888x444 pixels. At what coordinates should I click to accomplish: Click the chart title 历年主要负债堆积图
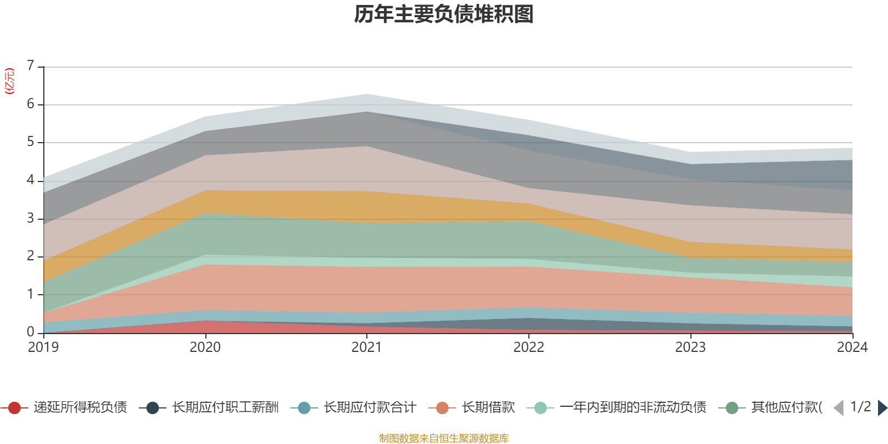tap(444, 14)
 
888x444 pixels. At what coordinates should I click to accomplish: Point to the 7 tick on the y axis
tap(31, 65)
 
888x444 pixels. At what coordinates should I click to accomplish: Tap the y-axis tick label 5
tap(31, 142)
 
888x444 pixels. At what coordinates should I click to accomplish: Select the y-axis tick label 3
tap(31, 218)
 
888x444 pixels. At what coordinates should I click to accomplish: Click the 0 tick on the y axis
tap(31, 332)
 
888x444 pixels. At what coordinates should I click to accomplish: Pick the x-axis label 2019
tap(43, 347)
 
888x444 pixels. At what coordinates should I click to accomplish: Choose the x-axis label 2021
tap(367, 347)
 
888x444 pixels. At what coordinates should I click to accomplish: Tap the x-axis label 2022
tap(529, 347)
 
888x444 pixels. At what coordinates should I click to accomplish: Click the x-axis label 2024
tap(852, 347)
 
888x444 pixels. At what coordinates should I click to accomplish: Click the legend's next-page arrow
tap(882, 408)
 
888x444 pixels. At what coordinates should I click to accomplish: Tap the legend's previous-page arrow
tap(839, 408)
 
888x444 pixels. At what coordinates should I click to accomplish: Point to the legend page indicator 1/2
tap(860, 407)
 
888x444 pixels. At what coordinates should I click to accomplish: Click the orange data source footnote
tap(443, 438)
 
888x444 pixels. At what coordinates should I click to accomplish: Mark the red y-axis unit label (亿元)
tap(9, 81)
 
